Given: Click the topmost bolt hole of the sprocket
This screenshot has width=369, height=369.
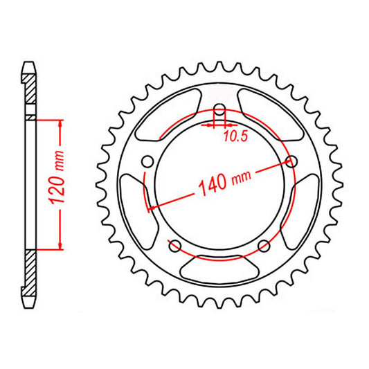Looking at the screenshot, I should [219, 110].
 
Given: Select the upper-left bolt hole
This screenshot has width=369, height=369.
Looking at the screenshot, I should [147, 161].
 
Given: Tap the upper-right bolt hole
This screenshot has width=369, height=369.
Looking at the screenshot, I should [291, 162].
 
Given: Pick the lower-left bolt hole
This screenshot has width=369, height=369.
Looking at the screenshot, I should [174, 246].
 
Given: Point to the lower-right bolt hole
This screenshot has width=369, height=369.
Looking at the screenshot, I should [263, 246].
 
